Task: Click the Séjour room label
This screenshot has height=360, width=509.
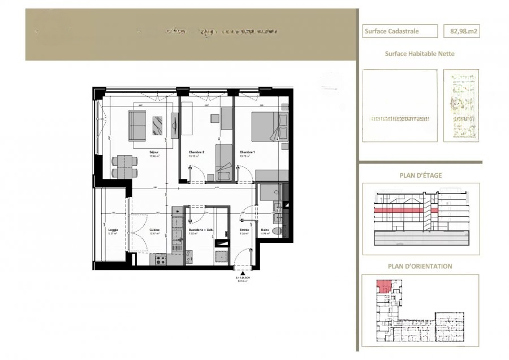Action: point(154,153)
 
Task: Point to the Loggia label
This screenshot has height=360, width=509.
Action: point(112,230)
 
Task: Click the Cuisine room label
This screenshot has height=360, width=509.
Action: point(154,230)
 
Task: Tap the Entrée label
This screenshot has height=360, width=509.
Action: point(244,230)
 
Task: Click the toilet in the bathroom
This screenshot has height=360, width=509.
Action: point(277,232)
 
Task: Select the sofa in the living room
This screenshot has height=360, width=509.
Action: point(137,125)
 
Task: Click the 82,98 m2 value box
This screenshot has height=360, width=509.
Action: point(461,32)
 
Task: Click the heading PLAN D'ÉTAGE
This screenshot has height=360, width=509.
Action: point(420,175)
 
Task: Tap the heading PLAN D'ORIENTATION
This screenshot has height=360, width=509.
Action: point(420,266)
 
